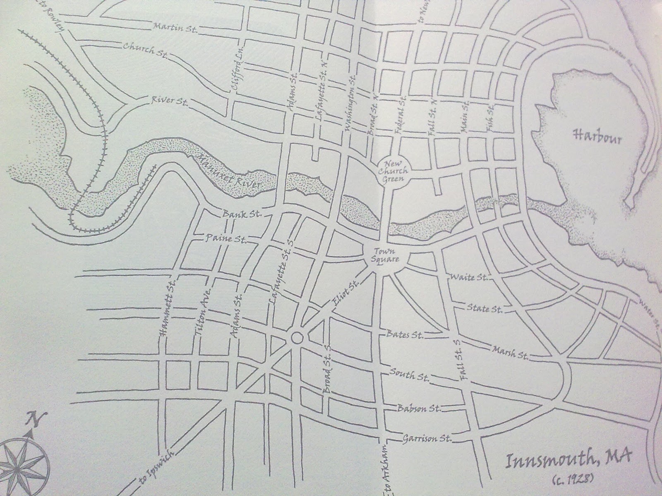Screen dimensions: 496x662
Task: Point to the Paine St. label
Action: coord(226,239)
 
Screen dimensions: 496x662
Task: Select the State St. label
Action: coord(484,308)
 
